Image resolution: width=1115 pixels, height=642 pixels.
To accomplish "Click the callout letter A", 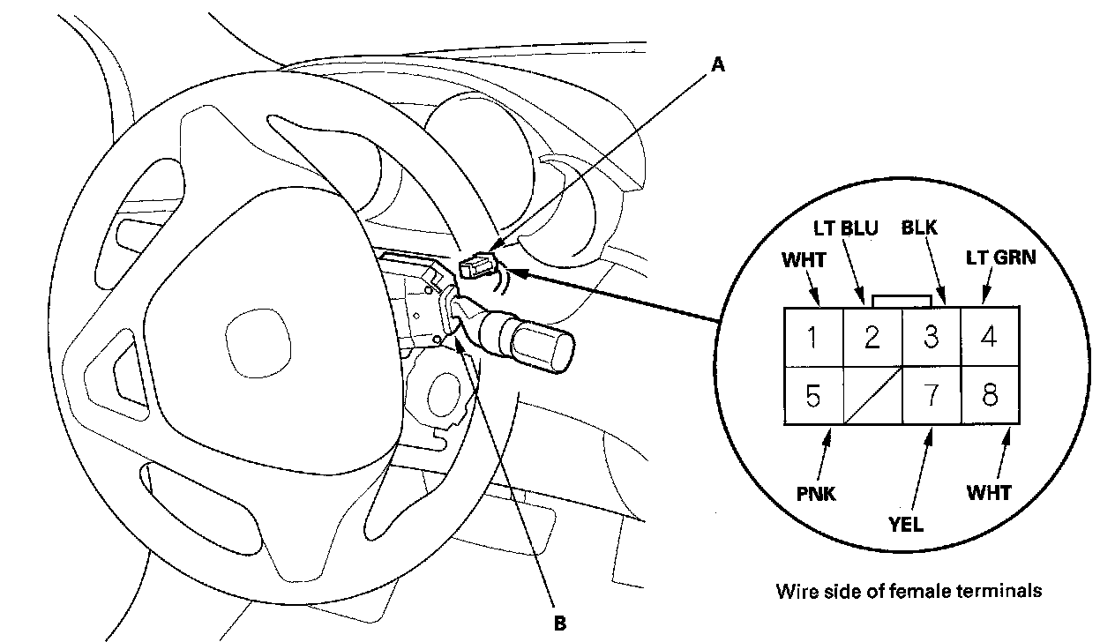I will (718, 64).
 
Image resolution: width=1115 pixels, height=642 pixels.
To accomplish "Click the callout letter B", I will (558, 623).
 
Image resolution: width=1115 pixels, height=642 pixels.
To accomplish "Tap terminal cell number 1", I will (813, 337).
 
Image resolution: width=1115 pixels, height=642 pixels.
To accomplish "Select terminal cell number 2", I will (872, 337).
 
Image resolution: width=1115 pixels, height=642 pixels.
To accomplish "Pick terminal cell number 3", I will (932, 337).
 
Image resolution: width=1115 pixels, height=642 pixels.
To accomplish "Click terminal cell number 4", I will (990, 337).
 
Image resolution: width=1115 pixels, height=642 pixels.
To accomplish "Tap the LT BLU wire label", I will (846, 228).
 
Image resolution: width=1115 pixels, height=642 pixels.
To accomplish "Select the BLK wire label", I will (919, 228).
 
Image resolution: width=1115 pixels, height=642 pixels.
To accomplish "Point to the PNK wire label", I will (815, 493).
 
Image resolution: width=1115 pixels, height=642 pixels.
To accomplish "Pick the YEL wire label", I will (906, 524).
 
